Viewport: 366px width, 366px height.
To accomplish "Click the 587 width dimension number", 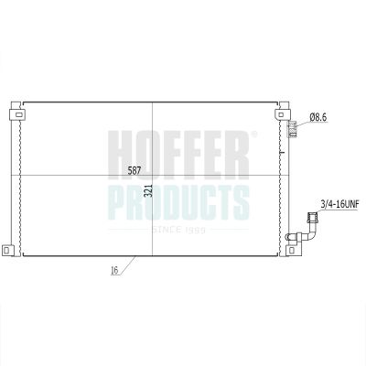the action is (x=135, y=170).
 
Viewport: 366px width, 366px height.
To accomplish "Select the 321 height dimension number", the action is (x=148, y=190).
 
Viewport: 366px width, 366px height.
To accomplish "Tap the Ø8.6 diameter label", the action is (x=318, y=117).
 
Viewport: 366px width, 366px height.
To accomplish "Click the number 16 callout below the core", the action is (x=114, y=271).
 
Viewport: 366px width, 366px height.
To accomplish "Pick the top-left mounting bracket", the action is (x=17, y=114).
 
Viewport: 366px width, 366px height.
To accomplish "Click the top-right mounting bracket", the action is (x=282, y=114).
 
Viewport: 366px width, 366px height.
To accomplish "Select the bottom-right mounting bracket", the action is (x=293, y=250).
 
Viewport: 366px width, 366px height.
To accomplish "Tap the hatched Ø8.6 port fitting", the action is (x=292, y=129).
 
